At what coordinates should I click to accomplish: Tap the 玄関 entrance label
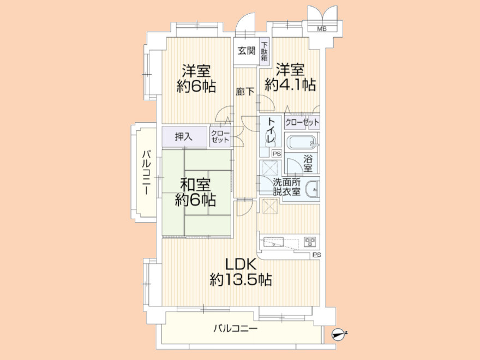pyautogui.click(x=247, y=51)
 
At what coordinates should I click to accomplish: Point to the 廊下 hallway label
pyautogui.click(x=244, y=92)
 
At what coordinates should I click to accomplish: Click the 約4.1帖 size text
pyautogui.click(x=290, y=85)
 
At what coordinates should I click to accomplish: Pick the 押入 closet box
pyautogui.click(x=183, y=136)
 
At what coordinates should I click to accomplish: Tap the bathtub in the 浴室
pyautogui.click(x=300, y=144)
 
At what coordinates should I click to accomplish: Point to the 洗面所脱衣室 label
pyautogui.click(x=287, y=187)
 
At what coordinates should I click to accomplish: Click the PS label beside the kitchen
pyautogui.click(x=316, y=255)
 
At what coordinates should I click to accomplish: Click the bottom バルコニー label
pyautogui.click(x=235, y=328)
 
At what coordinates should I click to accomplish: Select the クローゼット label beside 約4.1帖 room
pyautogui.click(x=302, y=122)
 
